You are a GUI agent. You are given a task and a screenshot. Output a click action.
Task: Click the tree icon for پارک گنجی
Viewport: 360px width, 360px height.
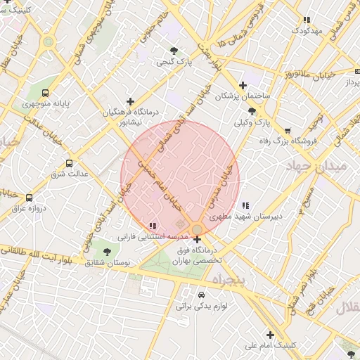click(174, 51)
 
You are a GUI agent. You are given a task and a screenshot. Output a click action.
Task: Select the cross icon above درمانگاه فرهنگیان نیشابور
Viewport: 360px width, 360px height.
click(130, 101)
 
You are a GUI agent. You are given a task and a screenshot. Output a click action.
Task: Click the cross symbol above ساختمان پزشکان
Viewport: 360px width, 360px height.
click(243, 85)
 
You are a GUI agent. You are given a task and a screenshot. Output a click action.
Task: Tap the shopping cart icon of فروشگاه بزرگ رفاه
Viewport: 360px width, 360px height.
click(288, 131)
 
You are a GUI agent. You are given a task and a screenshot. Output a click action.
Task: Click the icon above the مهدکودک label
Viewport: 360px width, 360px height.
click(306, 20)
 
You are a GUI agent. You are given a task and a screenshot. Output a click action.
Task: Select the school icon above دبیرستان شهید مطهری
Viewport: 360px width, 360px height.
click(245, 205)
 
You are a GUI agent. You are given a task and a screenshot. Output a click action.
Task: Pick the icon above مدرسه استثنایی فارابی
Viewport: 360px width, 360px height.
click(152, 226)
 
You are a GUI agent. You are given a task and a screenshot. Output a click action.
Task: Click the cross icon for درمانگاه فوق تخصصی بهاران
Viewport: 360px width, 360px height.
click(197, 240)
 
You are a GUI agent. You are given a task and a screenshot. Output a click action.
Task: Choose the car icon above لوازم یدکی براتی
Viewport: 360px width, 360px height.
click(202, 295)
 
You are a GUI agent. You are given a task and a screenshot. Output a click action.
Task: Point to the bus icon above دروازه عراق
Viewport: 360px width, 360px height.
click(30, 198)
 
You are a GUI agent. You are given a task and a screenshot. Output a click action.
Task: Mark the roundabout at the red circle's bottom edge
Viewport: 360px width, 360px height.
click(197, 229)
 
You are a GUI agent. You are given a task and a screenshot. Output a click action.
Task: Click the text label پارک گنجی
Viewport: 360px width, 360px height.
click(174, 63)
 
